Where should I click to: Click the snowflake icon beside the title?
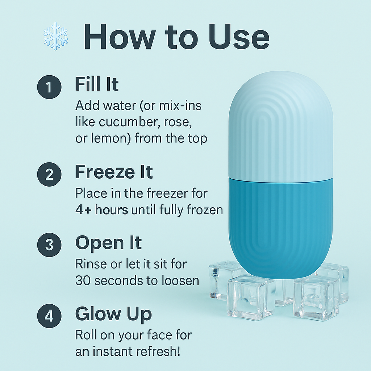tap(55, 36)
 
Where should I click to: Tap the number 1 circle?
tap(49, 87)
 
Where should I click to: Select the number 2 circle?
tap(49, 174)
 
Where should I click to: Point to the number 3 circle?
tap(49, 245)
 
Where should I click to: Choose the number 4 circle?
tap(49, 316)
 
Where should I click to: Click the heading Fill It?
tap(97, 84)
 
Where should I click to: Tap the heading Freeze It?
tap(114, 172)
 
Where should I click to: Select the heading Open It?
tap(108, 243)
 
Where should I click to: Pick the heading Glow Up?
tap(113, 314)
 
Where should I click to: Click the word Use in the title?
tap(239, 37)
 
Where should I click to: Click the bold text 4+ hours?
tap(102, 210)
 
